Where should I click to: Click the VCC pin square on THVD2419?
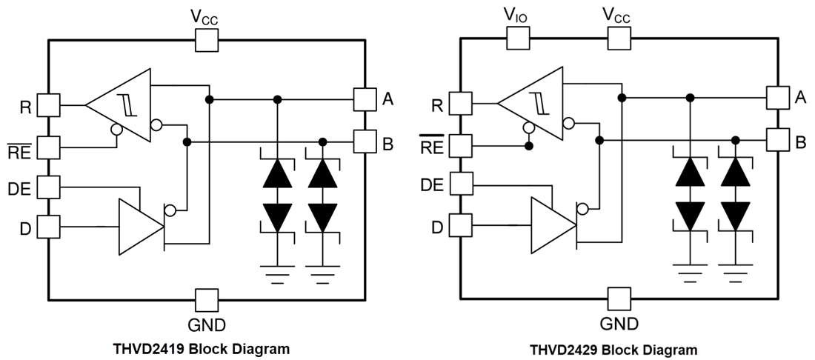[x=207, y=41]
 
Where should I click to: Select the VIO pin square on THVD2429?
[x=517, y=39]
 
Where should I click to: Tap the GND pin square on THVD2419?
[x=207, y=300]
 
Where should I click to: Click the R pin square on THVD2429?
[x=461, y=104]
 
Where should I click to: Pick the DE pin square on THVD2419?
[x=48, y=186]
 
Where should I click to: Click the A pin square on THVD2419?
[x=365, y=99]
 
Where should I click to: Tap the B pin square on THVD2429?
[x=777, y=139]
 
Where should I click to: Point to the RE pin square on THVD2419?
[x=48, y=147]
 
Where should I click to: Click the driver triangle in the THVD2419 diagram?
[x=139, y=227]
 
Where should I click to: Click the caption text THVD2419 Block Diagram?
[x=201, y=348]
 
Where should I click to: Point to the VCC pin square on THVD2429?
[x=619, y=39]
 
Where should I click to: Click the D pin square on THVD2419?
[x=48, y=227]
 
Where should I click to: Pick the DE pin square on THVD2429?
[x=461, y=182]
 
